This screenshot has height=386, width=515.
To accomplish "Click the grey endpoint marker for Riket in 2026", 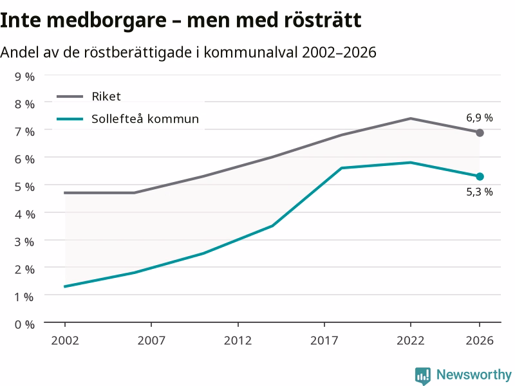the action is pyautogui.click(x=480, y=133).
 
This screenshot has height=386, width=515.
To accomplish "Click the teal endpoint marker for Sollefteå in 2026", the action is pyautogui.click(x=480, y=176).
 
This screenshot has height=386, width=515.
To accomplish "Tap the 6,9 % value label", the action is pyautogui.click(x=480, y=118).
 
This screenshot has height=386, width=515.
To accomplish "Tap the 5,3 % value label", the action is pyautogui.click(x=480, y=192).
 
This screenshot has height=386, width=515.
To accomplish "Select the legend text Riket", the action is pyautogui.click(x=106, y=96).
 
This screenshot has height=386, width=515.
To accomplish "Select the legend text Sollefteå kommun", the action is pyautogui.click(x=145, y=119).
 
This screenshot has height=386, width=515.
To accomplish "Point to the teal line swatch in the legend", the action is pyautogui.click(x=70, y=119).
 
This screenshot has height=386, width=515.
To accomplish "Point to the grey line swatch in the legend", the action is pyautogui.click(x=70, y=96).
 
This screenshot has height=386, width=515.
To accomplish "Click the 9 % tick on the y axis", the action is pyautogui.click(x=24, y=77).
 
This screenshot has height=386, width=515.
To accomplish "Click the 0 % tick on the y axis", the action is pyautogui.click(x=24, y=325).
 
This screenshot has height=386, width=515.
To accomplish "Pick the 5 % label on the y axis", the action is pyautogui.click(x=24, y=187).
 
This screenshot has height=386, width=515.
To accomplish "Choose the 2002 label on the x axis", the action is pyautogui.click(x=65, y=340).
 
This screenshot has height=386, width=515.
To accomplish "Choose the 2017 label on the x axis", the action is pyautogui.click(x=324, y=340).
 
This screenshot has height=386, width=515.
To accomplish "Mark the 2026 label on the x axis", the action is pyautogui.click(x=480, y=340).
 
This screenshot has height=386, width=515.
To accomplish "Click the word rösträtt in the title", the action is pyautogui.click(x=323, y=20).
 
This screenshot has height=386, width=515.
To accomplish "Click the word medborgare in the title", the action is pyautogui.click(x=106, y=21).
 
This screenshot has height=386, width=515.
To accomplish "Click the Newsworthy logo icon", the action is pyautogui.click(x=423, y=376).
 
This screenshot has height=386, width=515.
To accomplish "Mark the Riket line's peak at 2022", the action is pyautogui.click(x=411, y=118).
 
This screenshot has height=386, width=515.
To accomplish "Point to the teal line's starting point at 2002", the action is pyautogui.click(x=65, y=286).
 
